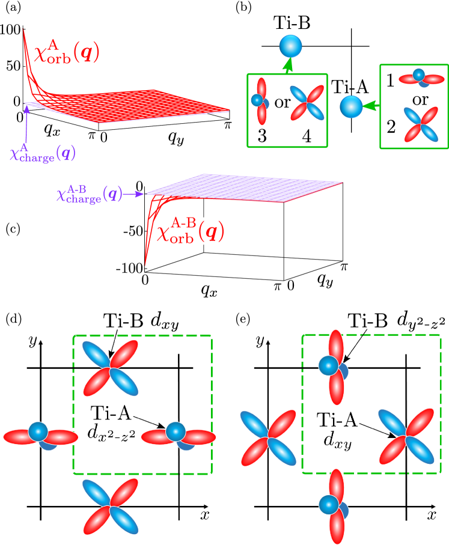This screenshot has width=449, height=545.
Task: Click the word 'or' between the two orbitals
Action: (x=283, y=102)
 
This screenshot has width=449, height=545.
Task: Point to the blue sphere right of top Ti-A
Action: (x=352, y=107)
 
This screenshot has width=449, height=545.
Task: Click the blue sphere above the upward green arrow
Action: (x=291, y=45)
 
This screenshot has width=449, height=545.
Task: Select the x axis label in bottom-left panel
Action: (x=204, y=514)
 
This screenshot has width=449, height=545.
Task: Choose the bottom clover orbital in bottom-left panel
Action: (x=110, y=507)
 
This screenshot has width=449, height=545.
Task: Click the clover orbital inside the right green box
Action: (x=421, y=124)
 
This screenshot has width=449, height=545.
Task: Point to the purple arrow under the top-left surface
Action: (x=26, y=124)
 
